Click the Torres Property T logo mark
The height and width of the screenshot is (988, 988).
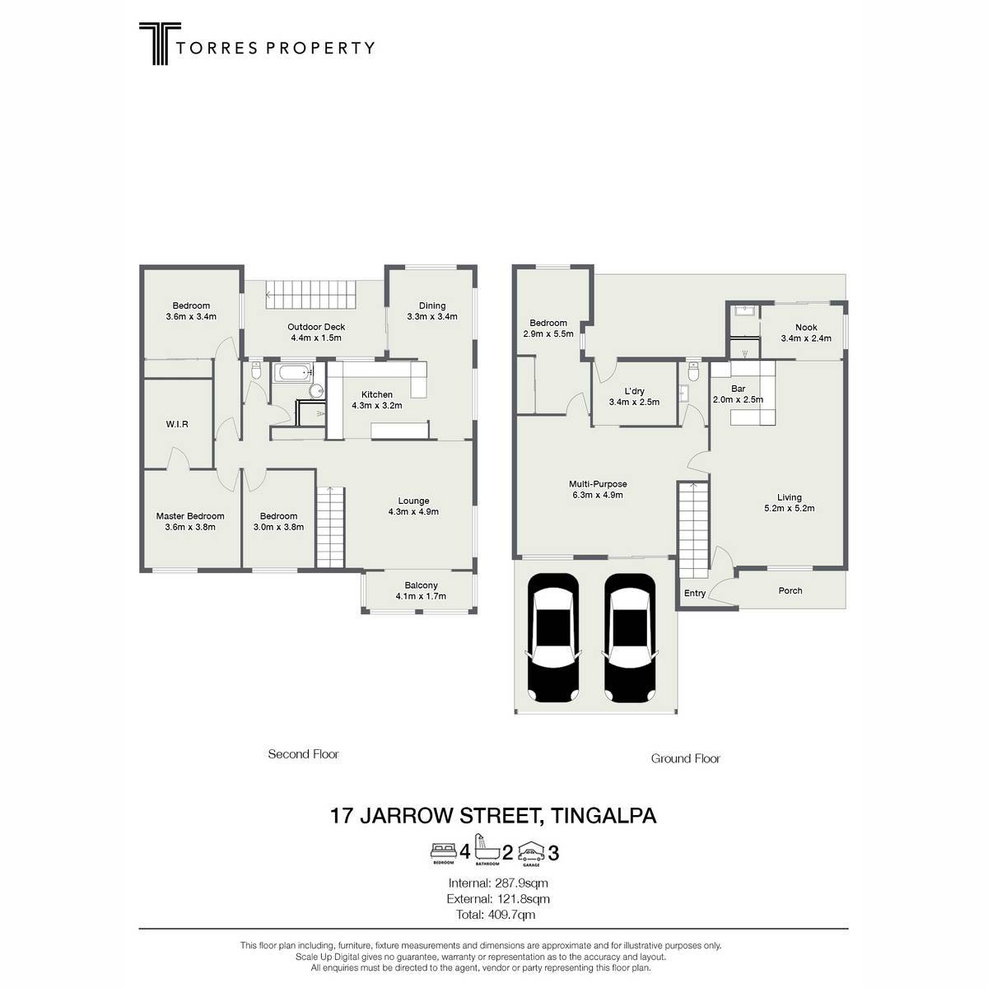click(160, 44)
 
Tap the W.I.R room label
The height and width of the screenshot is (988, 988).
click(177, 425)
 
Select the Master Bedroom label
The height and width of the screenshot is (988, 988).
click(190, 516)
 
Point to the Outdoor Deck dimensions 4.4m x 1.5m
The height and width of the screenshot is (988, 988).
click(316, 338)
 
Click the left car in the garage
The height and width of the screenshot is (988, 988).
click(552, 638)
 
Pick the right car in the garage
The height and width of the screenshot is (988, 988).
click(630, 638)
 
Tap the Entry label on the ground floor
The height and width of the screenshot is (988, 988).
click(695, 593)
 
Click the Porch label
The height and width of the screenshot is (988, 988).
click(790, 590)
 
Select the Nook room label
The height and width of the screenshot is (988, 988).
click(806, 327)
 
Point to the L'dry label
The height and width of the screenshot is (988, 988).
click(634, 391)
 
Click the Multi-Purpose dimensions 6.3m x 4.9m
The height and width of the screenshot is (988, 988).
click(598, 496)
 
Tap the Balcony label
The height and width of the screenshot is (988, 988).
click(421, 585)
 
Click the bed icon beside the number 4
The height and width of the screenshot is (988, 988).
click(444, 851)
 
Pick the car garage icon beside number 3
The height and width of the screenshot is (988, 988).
click(531, 852)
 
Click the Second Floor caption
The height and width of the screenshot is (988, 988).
click(304, 754)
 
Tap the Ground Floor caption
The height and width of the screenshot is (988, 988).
click(686, 759)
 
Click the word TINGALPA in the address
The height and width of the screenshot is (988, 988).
click(603, 816)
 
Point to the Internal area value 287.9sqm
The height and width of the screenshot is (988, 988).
click(521, 883)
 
